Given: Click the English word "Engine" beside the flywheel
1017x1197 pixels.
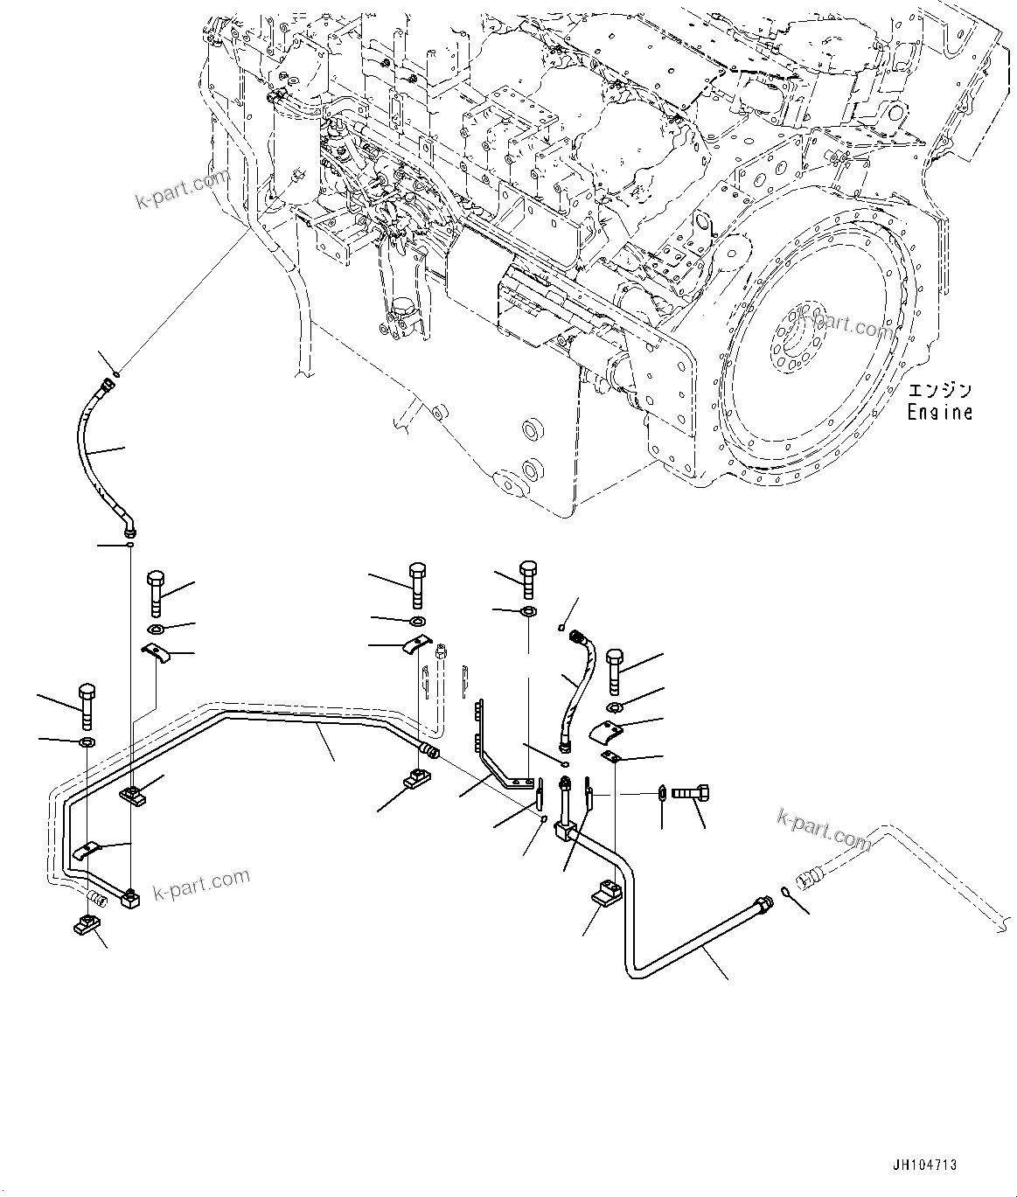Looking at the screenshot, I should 939,412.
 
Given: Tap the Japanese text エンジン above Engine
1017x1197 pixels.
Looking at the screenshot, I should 939,390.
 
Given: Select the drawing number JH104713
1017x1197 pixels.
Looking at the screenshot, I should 924,1165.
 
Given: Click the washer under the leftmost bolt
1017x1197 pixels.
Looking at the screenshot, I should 87,742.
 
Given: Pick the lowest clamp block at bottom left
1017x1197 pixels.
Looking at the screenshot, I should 86,923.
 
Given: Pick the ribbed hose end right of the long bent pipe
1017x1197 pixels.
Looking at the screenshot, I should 429,750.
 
